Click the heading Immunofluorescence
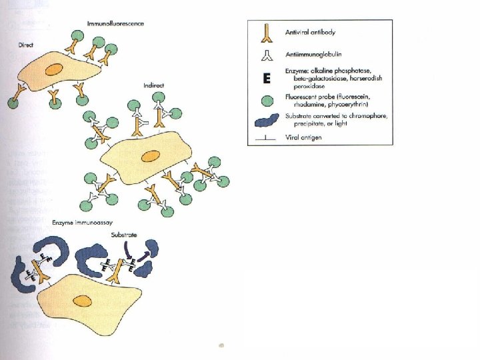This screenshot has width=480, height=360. point(115,24)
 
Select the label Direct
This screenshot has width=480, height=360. point(27,44)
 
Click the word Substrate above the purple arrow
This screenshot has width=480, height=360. point(124,235)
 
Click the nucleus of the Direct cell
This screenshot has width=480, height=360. point(53,69)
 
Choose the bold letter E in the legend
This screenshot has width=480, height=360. point(266,79)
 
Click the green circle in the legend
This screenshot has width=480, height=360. point(266,101)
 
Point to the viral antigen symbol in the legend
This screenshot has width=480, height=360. point(266,139)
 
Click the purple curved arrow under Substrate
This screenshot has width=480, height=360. point(129,249)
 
